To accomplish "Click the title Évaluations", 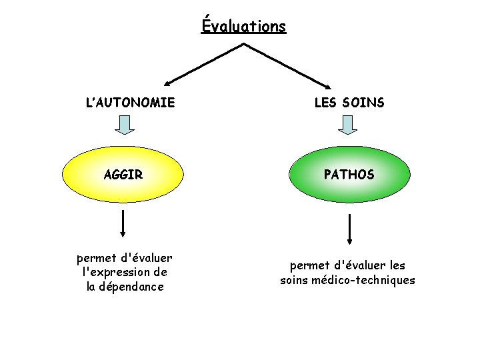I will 243,27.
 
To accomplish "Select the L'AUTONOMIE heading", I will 131,103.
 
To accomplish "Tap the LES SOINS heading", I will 349,103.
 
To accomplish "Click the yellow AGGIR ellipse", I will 123,175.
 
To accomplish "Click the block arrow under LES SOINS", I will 349,124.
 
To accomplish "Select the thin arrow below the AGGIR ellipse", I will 123,223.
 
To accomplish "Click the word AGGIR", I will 123,175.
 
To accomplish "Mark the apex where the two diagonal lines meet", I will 243,44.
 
